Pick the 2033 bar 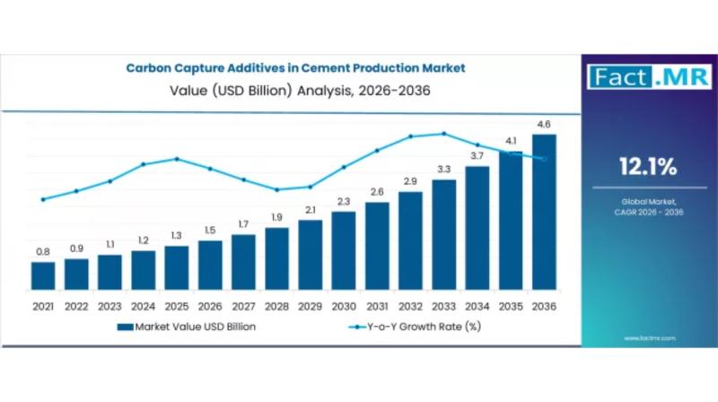(x=444, y=234)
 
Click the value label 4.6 (x=544, y=124)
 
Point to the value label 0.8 (x=43, y=251)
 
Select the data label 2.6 (x=377, y=191)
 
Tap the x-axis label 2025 (x=177, y=306)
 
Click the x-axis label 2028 (x=277, y=306)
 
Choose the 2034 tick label (x=477, y=306)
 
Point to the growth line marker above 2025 (x=177, y=159)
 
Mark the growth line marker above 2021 (x=43, y=199)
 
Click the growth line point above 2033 (x=444, y=134)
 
